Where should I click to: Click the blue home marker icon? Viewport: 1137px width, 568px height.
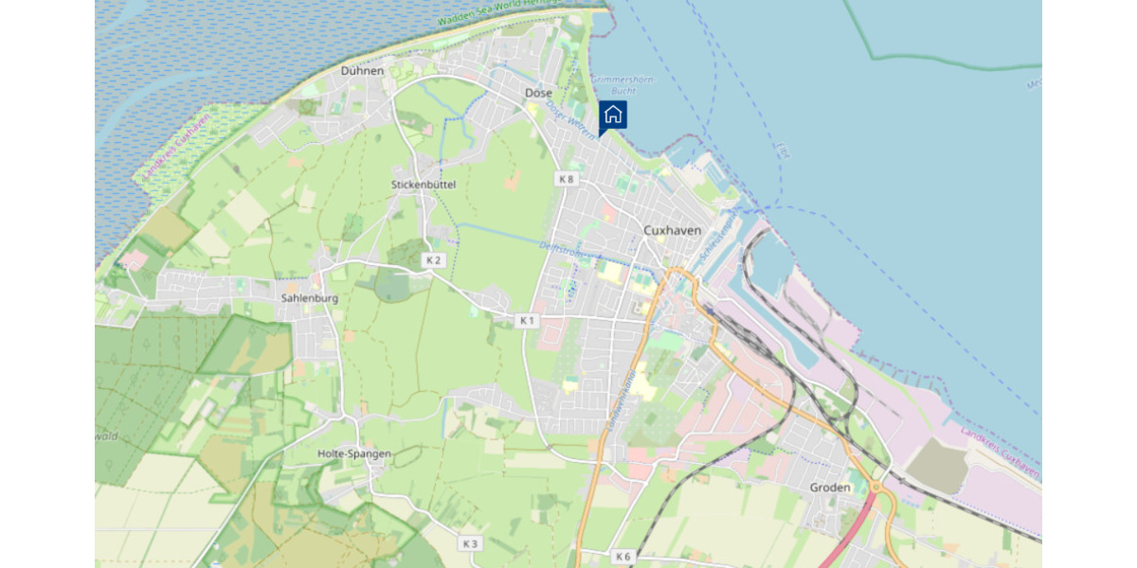tap(613, 115)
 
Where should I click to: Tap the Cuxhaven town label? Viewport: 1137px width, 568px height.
tap(672, 230)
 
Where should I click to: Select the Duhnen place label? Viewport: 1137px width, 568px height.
tap(363, 71)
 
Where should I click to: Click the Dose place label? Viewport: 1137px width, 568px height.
tap(538, 93)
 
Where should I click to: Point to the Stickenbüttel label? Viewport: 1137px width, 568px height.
tap(424, 185)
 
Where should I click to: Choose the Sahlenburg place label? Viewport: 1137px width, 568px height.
tap(310, 297)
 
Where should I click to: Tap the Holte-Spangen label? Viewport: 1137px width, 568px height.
tap(354, 453)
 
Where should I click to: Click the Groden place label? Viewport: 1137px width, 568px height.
tap(830, 488)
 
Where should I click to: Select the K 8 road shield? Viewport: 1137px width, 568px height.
tap(567, 179)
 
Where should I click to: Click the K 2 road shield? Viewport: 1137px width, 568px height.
tap(434, 259)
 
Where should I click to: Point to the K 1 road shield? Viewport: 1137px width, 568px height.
tap(528, 321)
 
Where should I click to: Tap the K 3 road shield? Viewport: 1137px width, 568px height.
tap(470, 543)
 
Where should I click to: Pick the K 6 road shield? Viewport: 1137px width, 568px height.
tap(622, 557)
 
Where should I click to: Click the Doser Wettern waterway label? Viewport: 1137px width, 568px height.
tap(571, 122)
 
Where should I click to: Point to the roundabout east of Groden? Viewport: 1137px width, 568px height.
tap(876, 489)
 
